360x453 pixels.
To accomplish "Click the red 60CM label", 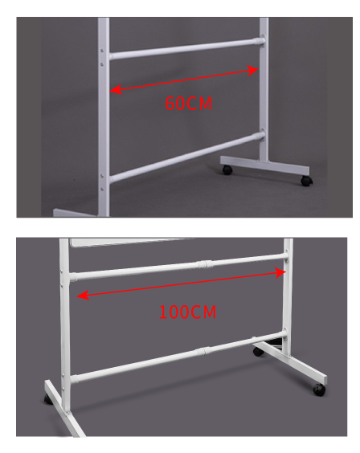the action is click(x=188, y=104).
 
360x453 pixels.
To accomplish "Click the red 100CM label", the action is click(x=187, y=312).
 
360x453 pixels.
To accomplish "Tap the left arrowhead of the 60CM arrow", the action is click(x=116, y=90).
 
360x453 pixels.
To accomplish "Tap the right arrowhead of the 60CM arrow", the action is click(x=252, y=71).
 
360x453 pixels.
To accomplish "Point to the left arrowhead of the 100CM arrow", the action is click(x=83, y=296).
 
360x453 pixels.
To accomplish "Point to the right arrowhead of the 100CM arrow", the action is click(x=280, y=273).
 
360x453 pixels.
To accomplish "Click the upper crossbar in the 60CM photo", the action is click(x=186, y=48).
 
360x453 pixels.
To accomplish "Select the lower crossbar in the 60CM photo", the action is click(x=187, y=157).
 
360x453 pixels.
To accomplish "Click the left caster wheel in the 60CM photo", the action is click(x=227, y=170).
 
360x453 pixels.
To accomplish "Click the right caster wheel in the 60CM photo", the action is click(x=306, y=181).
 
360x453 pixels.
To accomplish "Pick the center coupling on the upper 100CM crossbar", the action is click(x=204, y=264).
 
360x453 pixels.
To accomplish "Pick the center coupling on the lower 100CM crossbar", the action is click(x=203, y=352).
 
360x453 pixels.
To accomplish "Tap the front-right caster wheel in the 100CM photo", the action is click(x=319, y=390).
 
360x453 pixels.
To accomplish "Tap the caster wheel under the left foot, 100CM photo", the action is click(x=47, y=399).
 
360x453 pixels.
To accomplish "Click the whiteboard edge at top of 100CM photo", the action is click(x=132, y=243).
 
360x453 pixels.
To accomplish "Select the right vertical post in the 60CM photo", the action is click(x=264, y=89).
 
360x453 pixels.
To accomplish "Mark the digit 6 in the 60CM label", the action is click(x=170, y=104).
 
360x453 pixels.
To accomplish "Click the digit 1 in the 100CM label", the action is click(x=162, y=312).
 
